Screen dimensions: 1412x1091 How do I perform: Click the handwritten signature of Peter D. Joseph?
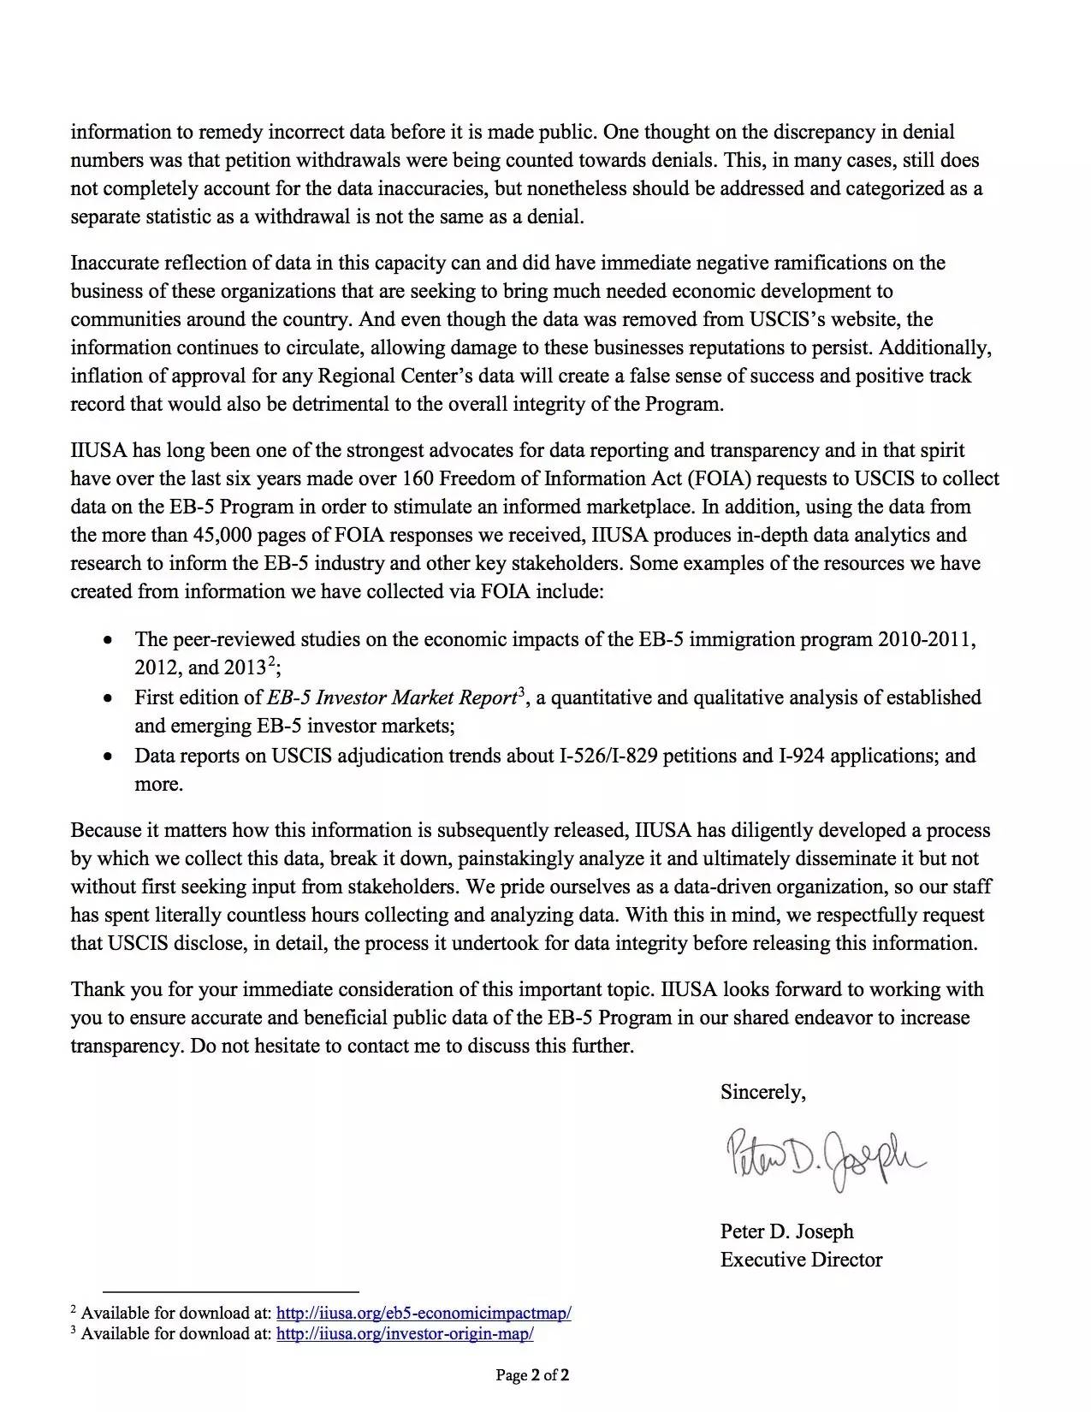tap(825, 1160)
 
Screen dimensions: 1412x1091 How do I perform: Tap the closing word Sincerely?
tap(762, 1092)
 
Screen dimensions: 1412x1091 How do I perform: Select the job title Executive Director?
tap(801, 1260)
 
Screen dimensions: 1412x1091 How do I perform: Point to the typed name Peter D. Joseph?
tap(786, 1231)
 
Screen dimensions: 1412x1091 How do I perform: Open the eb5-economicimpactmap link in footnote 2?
tap(424, 1313)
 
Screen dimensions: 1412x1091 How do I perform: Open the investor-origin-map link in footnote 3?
tap(405, 1333)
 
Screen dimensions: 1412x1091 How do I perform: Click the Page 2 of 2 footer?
tap(533, 1376)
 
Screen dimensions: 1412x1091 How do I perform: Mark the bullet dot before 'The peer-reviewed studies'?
tap(107, 640)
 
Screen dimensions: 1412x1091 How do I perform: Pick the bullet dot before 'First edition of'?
tap(107, 698)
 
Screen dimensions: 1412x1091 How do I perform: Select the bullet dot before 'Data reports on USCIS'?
tap(107, 756)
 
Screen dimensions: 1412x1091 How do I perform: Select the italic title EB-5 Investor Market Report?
tap(392, 698)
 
